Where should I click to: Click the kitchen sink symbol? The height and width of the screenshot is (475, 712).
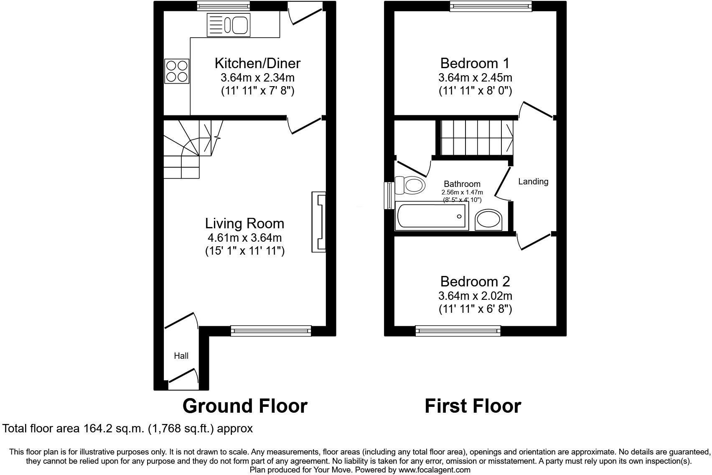click(228, 25)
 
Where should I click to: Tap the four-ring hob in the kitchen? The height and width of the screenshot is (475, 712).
click(177, 71)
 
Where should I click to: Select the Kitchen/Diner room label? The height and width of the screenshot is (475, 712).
click(257, 63)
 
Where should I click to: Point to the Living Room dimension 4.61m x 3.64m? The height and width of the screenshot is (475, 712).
click(244, 238)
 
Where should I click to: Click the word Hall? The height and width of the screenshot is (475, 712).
click(181, 356)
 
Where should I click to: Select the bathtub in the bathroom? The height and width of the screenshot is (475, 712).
click(431, 216)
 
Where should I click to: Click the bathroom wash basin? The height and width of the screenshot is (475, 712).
click(488, 220)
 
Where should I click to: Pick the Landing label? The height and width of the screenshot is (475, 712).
click(533, 181)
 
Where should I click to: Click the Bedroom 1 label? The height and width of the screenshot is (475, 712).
click(475, 63)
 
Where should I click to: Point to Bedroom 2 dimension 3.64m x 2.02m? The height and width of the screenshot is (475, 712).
click(475, 296)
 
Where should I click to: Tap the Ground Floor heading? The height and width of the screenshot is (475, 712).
click(245, 406)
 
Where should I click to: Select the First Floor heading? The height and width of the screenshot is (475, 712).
click(473, 406)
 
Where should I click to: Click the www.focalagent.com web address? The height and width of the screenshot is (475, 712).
click(434, 470)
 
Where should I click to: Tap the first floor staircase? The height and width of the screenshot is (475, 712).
click(476, 137)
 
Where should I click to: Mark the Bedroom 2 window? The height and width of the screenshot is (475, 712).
click(458, 331)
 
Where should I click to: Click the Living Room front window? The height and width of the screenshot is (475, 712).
click(271, 331)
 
